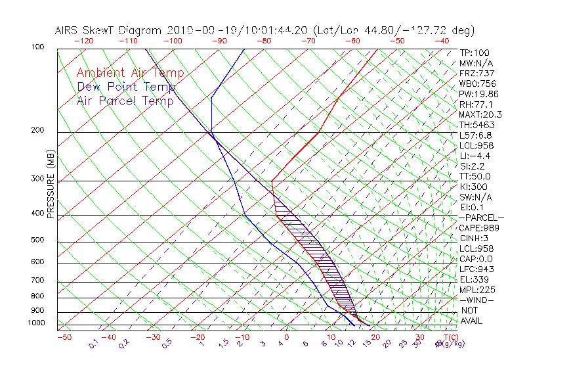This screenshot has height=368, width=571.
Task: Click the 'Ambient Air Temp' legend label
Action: point(131,73)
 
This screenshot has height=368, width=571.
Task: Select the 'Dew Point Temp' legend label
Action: point(126,87)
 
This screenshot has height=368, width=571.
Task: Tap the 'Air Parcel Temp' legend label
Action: point(125,101)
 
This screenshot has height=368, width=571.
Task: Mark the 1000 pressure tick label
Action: point(36,323)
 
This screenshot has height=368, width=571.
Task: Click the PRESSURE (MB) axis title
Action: point(51,183)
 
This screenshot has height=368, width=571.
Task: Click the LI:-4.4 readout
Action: point(475,156)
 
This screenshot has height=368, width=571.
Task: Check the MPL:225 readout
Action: point(476,290)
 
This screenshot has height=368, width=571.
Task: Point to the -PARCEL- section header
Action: point(482,218)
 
